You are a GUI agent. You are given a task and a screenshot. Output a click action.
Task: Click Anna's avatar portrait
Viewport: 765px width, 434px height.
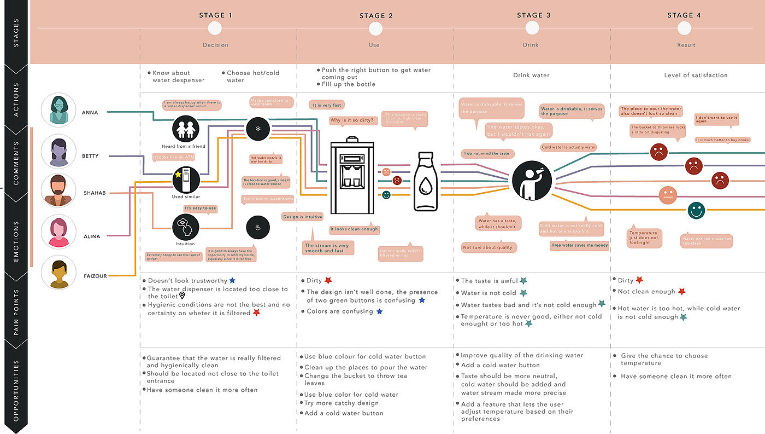tap(58, 111)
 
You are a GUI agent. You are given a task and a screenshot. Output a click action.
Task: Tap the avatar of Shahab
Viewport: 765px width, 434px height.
tap(58, 190)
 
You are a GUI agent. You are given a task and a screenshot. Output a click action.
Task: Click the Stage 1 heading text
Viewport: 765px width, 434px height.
tap(215, 15)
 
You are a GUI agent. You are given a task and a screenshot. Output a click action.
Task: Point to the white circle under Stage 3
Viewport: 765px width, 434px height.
tap(530, 29)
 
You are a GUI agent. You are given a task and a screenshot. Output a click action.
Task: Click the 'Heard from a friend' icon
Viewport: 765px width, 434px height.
tap(186, 129)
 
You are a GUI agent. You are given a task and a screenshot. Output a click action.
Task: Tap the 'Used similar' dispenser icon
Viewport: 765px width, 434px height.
tap(186, 180)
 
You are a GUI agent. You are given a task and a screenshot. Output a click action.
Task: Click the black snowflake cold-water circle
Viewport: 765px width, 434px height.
tap(257, 129)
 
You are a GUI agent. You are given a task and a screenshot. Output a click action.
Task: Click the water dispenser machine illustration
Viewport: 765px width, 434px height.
tap(352, 176)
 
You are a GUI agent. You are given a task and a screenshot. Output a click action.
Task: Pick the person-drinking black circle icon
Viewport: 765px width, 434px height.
tap(532, 180)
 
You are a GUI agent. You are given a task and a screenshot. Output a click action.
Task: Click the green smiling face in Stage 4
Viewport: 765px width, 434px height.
tap(696, 210)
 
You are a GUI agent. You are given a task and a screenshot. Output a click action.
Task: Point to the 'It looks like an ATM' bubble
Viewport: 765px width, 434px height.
tap(174, 157)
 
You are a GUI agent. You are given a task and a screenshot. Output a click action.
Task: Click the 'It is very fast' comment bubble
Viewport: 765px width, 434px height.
tap(327, 105)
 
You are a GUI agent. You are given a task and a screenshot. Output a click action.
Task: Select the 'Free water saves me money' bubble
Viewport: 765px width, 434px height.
tap(580, 245)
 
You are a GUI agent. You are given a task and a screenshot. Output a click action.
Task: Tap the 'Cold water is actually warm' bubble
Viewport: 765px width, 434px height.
tap(568, 147)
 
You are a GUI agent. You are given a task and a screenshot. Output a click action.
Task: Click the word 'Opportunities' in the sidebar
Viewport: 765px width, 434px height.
tap(15, 390)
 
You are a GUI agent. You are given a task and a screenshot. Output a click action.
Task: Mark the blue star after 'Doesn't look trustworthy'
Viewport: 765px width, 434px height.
tap(232, 281)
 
